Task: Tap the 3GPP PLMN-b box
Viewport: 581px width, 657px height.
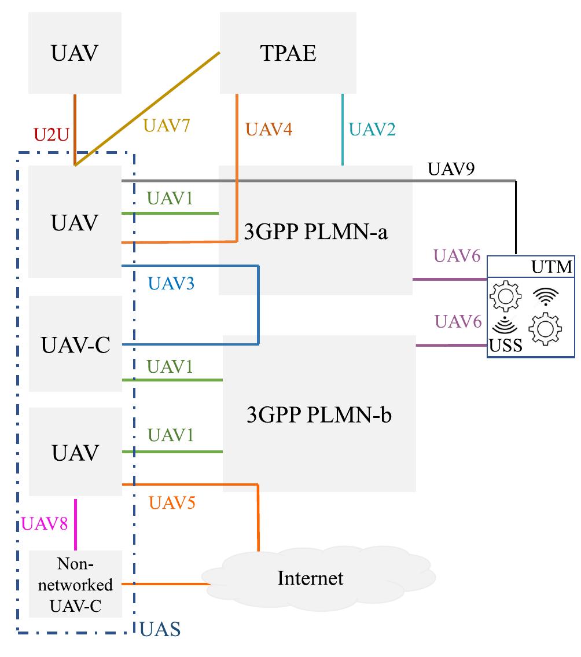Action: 319,416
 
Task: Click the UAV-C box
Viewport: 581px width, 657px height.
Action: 75,345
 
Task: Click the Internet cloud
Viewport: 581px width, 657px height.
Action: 310,578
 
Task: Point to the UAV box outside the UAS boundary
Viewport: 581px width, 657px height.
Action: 75,53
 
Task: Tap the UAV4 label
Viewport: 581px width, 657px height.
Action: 269,129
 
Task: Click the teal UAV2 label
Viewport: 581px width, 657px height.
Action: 373,129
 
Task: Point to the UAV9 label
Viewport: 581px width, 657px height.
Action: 451,169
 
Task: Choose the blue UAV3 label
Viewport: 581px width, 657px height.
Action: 171,284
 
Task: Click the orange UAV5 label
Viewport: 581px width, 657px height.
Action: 172,502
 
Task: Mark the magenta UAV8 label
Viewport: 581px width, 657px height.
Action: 45,524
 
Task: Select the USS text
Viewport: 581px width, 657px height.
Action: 506,346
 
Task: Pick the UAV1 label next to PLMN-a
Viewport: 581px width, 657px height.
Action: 170,199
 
